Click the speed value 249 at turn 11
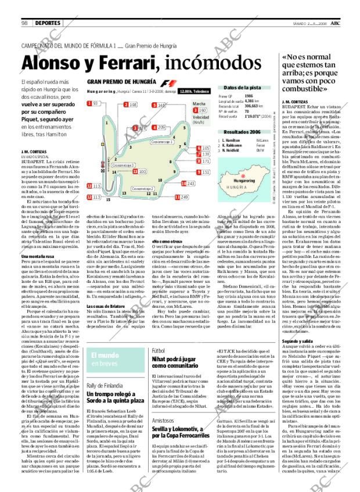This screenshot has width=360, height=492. pos(185,197)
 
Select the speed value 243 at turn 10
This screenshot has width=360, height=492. pos(190,183)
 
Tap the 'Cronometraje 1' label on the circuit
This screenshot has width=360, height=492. pos(162,141)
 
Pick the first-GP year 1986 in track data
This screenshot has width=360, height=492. pos(249,96)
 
